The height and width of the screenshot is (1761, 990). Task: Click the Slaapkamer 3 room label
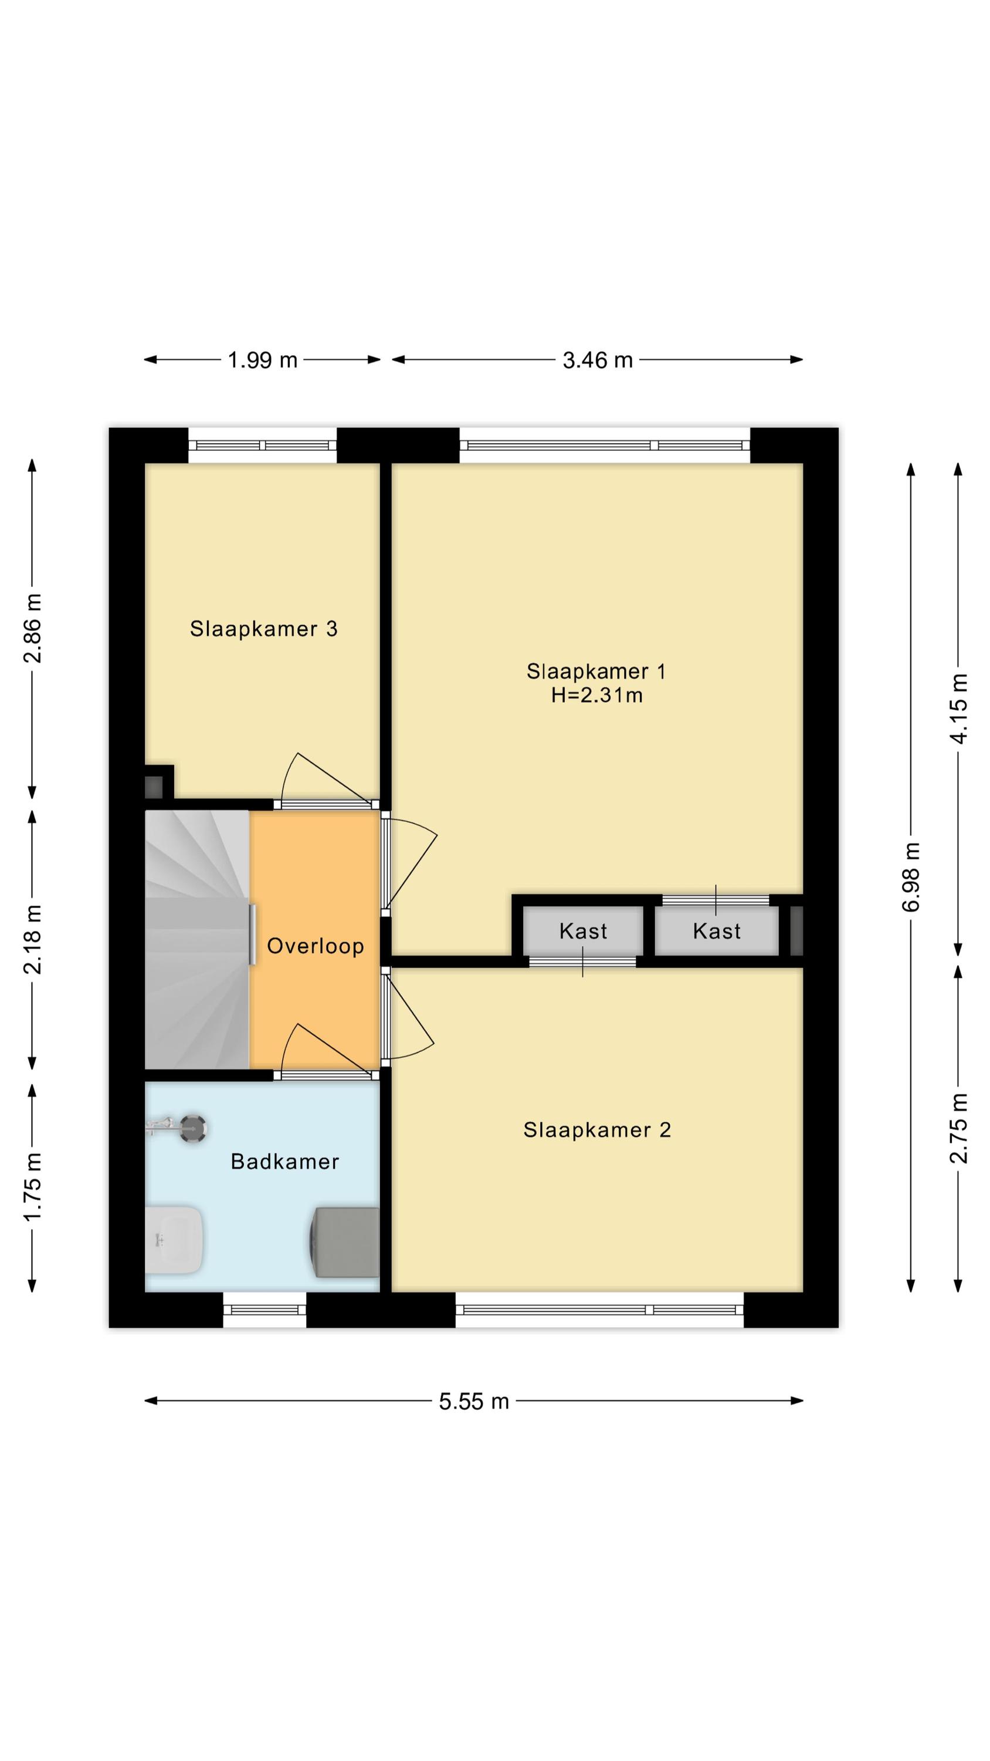[263, 629]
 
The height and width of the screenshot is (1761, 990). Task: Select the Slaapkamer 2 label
[596, 1130]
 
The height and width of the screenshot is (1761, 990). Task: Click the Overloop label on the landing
[315, 946]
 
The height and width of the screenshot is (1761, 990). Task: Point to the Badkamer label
[285, 1162]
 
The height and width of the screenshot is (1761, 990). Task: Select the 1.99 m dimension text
[262, 360]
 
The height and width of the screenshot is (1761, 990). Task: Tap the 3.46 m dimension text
[597, 360]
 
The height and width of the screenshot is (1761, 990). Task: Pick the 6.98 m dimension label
[911, 876]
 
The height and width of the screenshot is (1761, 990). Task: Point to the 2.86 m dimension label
[32, 628]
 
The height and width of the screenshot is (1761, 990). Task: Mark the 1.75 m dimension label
[32, 1186]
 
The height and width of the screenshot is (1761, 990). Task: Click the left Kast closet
[583, 930]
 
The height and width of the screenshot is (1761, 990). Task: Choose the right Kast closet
[716, 930]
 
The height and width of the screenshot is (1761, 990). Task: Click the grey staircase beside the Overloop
[197, 939]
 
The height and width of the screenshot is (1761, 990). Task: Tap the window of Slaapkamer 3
[262, 446]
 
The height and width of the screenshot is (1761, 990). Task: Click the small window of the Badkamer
[265, 1310]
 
